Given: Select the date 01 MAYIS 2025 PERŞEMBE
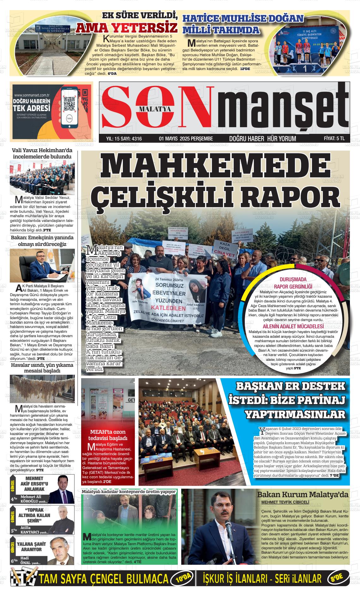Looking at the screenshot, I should point(186,139).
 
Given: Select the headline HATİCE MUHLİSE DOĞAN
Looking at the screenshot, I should point(243,19).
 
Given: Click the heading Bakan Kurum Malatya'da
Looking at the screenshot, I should point(303,495).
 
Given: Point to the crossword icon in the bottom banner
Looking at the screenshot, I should point(24,579).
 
